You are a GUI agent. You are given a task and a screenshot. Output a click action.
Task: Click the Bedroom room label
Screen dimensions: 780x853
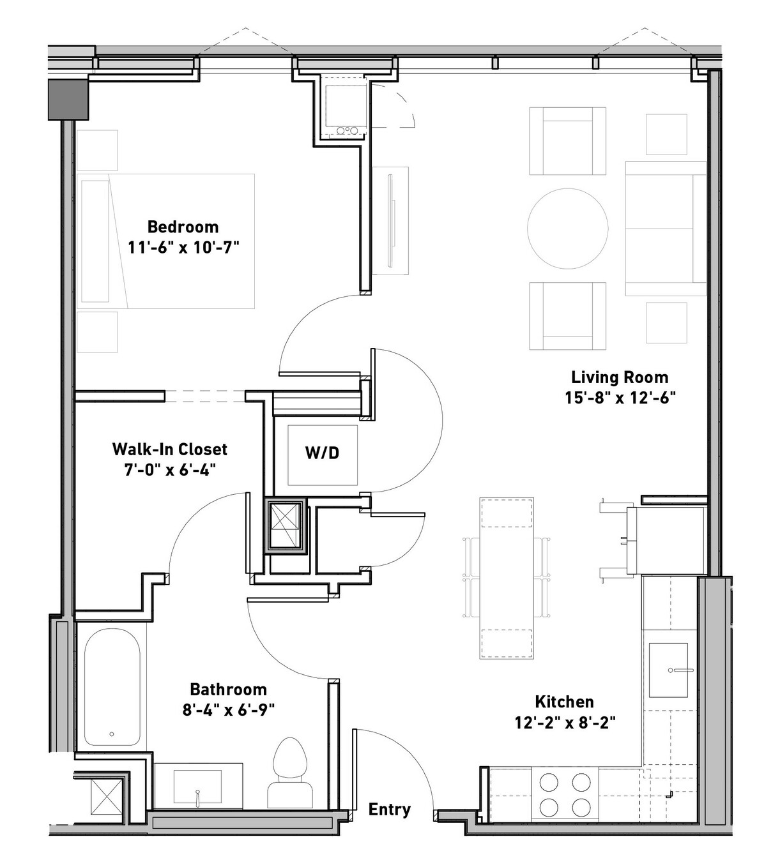pyautogui.click(x=183, y=227)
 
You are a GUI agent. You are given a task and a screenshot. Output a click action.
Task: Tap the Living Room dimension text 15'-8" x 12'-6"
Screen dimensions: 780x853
pyautogui.click(x=620, y=398)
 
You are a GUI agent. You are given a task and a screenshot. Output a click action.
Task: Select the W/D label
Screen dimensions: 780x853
pyautogui.click(x=322, y=453)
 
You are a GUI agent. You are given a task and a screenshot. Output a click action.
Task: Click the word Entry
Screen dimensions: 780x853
pyautogui.click(x=390, y=810)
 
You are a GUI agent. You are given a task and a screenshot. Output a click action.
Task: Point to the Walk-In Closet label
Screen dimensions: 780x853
pyautogui.click(x=170, y=449)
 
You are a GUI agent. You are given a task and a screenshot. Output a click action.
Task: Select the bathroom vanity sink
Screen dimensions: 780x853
pyautogui.click(x=197, y=787)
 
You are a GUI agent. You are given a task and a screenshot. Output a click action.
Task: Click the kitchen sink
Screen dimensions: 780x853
pyautogui.click(x=668, y=670)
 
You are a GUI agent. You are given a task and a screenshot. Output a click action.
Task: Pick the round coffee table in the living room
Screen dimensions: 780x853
pyautogui.click(x=568, y=229)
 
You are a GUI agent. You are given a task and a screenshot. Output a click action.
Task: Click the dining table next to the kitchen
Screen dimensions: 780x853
pyautogui.click(x=507, y=578)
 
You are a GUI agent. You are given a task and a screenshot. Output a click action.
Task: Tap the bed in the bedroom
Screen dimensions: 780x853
pyautogui.click(x=165, y=241)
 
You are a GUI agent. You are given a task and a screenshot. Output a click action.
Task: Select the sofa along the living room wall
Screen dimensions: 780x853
pyautogui.click(x=666, y=229)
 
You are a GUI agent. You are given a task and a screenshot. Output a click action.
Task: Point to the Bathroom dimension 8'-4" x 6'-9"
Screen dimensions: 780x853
pyautogui.click(x=229, y=710)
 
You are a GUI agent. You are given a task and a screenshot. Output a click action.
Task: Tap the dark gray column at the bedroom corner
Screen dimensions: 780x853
pyautogui.click(x=68, y=100)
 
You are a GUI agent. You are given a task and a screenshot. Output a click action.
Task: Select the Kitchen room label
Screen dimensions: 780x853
pyautogui.click(x=564, y=702)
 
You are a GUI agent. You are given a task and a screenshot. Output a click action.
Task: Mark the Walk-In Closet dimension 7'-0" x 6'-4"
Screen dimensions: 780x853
pyautogui.click(x=170, y=470)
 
